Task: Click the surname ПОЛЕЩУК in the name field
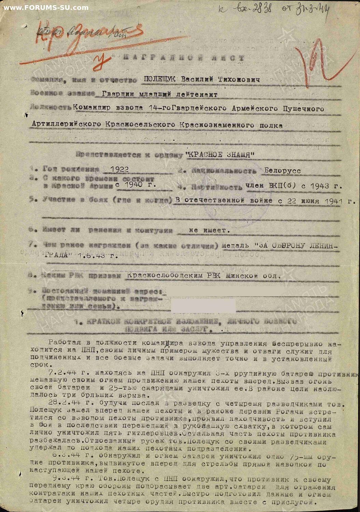(160, 80)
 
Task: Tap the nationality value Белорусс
(282, 171)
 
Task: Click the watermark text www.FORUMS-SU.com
(46, 8)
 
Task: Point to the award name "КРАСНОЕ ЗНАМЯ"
(220, 155)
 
